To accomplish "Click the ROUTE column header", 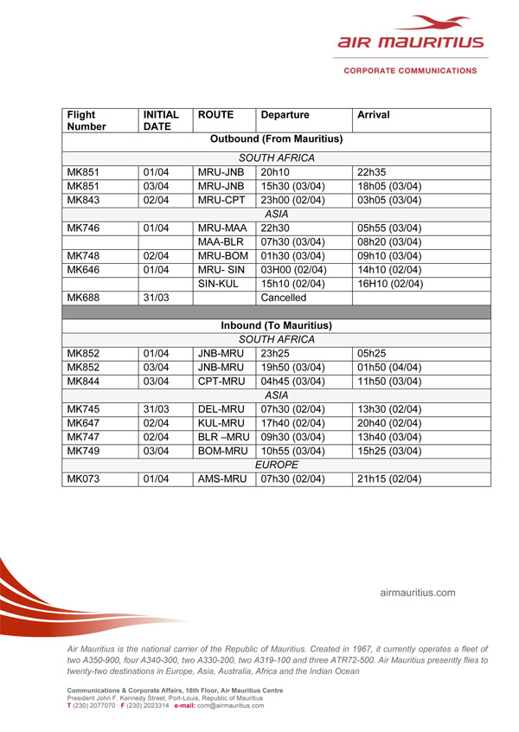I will point(214,114).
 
